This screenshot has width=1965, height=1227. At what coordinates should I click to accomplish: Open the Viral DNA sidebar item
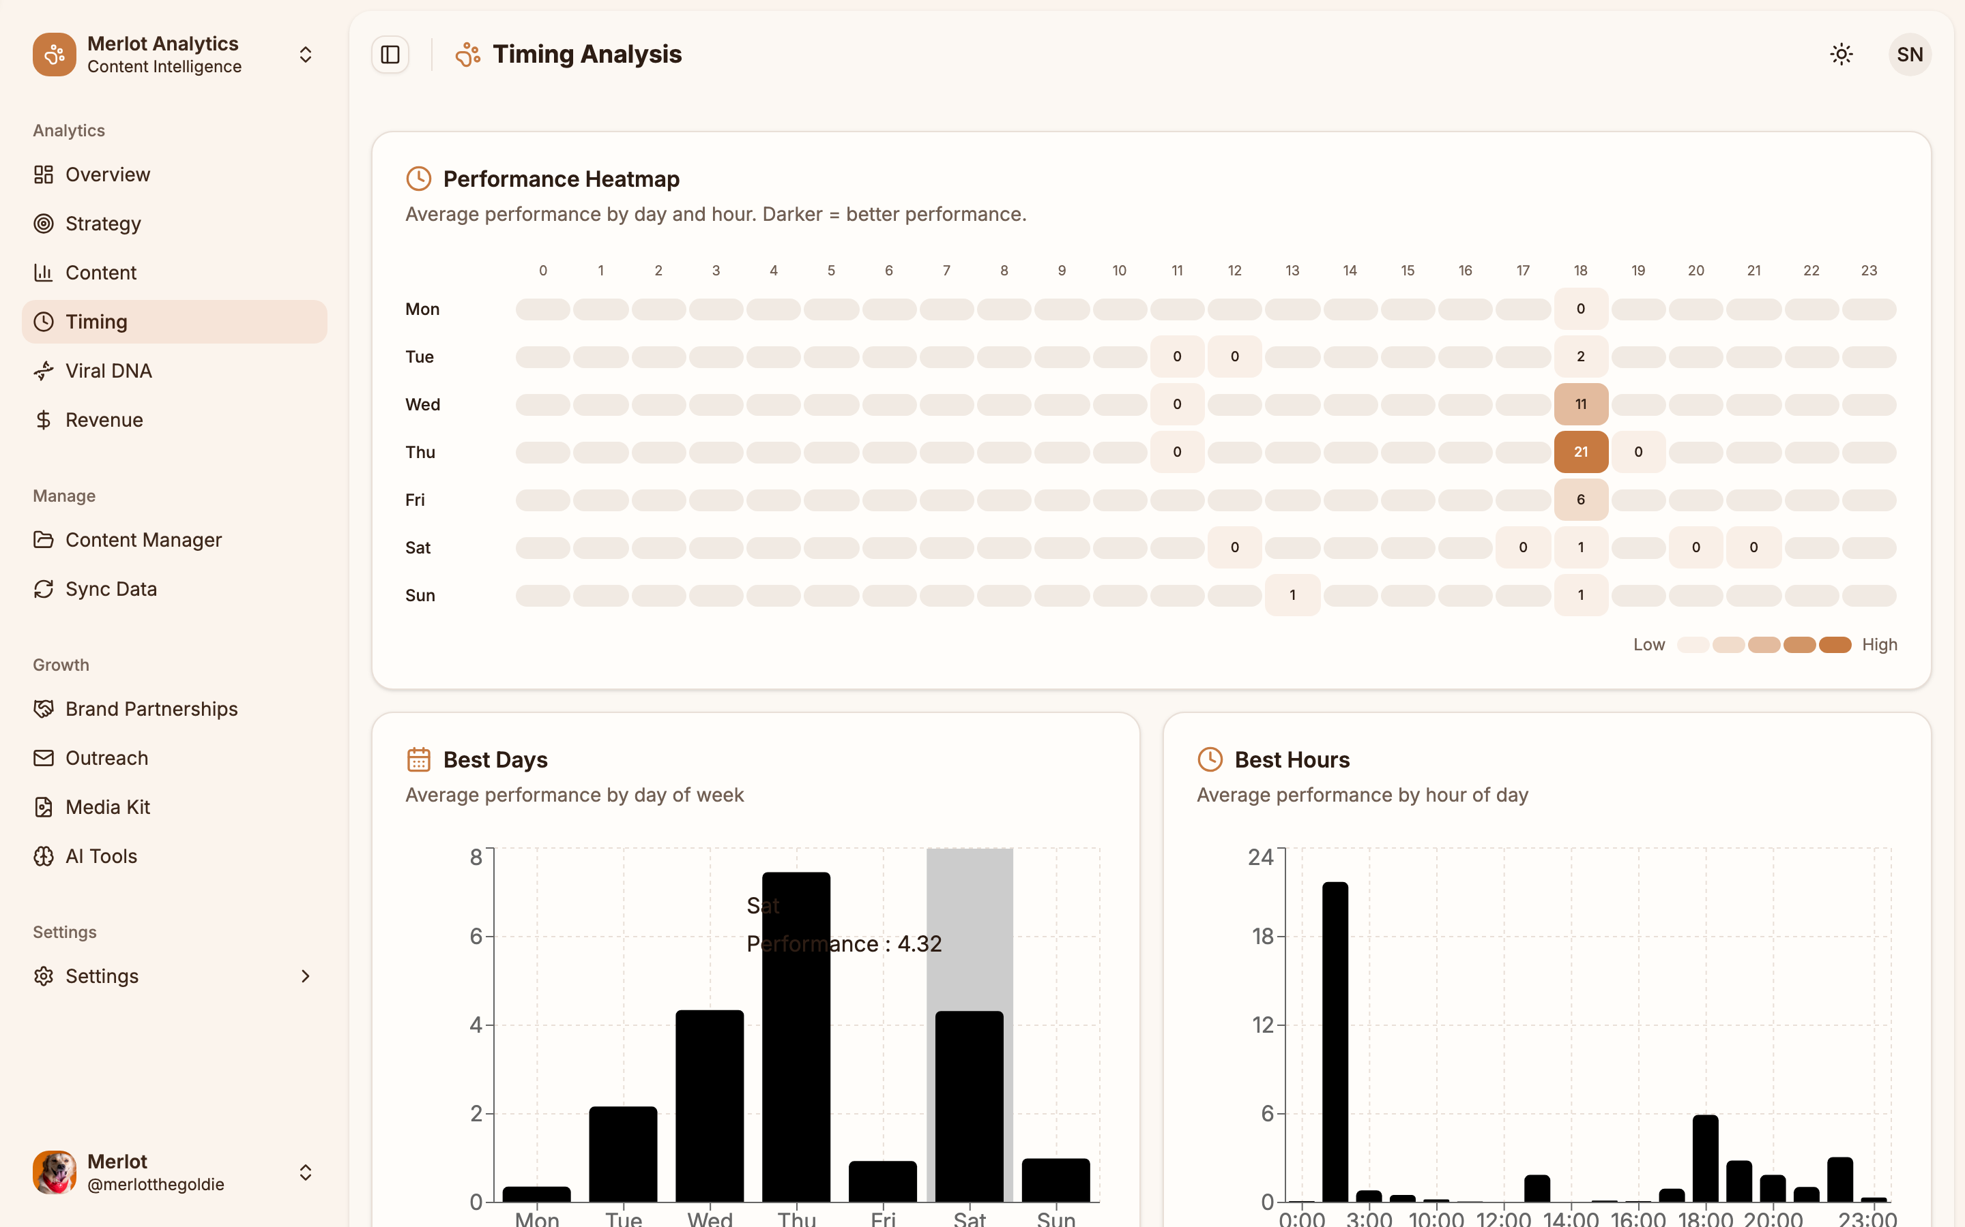tap(108, 371)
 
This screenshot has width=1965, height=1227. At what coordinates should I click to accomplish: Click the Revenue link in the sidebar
tap(104, 419)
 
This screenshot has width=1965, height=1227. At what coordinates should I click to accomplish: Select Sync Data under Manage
tap(111, 589)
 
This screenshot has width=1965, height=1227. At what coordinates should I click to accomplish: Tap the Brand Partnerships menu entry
tap(151, 709)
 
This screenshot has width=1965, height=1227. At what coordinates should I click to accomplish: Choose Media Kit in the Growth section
tap(107, 808)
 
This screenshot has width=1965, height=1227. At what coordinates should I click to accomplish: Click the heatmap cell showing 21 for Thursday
tap(1580, 452)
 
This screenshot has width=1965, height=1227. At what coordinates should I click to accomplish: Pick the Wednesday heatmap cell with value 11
tap(1580, 404)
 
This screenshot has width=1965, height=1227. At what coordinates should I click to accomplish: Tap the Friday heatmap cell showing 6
tap(1580, 500)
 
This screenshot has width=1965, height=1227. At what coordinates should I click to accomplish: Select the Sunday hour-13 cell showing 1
tap(1292, 595)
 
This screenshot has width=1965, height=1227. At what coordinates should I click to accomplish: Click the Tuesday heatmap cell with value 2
tap(1580, 357)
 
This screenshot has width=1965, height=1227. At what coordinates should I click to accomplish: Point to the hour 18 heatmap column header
tap(1580, 270)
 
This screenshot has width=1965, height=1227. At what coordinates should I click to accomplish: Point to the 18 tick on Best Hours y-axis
tap(1263, 937)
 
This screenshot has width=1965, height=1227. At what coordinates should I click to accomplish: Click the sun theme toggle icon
tap(1841, 55)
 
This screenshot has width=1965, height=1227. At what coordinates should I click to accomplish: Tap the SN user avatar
tap(1909, 55)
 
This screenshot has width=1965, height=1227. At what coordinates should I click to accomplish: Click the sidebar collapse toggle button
tap(390, 55)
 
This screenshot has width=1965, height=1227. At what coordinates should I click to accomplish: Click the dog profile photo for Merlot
tap(55, 1172)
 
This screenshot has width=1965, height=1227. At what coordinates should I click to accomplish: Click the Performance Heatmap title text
tap(561, 179)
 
